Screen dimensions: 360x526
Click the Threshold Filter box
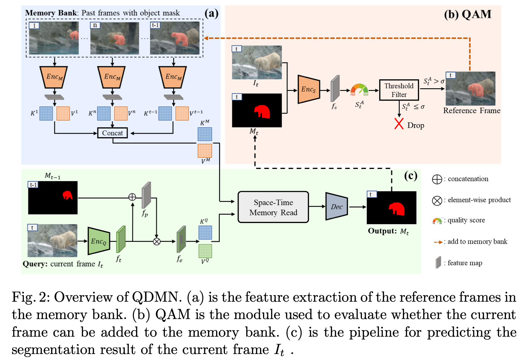point(399,90)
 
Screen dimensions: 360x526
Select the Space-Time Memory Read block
point(273,207)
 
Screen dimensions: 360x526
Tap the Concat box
point(112,133)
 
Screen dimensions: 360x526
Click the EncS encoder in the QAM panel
point(308,89)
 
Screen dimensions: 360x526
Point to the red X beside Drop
point(399,123)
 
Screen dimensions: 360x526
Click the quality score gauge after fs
point(359,89)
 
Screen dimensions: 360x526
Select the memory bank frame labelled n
point(114,38)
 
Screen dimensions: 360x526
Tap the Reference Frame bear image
point(470,89)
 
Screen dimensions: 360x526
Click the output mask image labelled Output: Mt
point(392,208)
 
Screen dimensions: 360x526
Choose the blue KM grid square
point(205,134)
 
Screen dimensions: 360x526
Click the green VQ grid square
point(205,251)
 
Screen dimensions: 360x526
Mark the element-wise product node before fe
point(157,241)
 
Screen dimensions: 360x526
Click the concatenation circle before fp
point(132,197)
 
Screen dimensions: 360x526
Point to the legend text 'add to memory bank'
point(477,242)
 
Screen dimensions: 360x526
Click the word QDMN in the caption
point(155,297)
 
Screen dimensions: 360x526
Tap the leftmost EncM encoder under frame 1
point(54,77)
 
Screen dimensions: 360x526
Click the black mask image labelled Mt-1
point(53,198)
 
